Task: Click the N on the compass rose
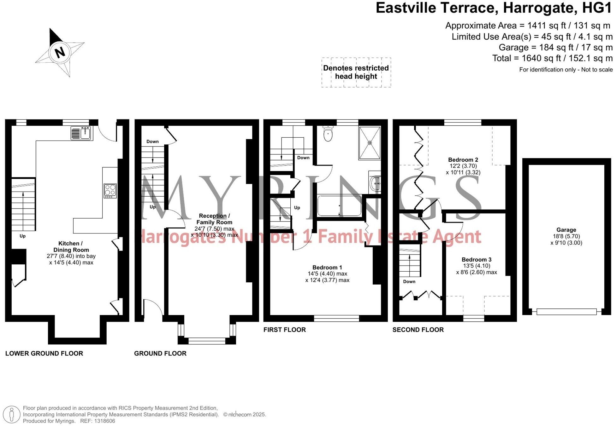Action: (60, 52)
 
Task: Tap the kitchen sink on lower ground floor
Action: (81, 133)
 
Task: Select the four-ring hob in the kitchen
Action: (110, 191)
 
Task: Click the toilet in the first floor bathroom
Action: (328, 134)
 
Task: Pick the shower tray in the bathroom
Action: (370, 143)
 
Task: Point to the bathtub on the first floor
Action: (339, 206)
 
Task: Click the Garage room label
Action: (566, 230)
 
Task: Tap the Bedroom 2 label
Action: (463, 159)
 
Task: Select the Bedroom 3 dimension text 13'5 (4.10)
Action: (477, 266)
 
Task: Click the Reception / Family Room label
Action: (214, 219)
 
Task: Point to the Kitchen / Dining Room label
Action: (71, 246)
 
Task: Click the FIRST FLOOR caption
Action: (284, 330)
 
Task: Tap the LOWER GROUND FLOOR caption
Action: (44, 353)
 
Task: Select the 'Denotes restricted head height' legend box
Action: (356, 72)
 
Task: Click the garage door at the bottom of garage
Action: (566, 312)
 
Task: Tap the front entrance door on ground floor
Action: (153, 307)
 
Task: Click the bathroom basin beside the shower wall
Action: (375, 183)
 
